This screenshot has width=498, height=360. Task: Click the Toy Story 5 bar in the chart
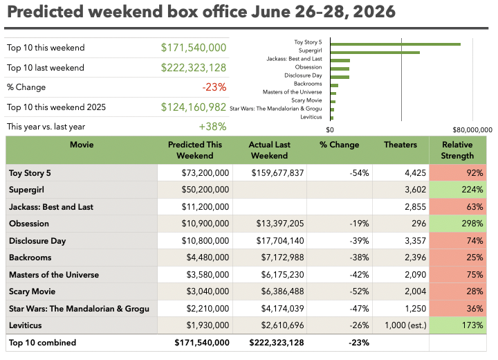pyautogui.click(x=396, y=44)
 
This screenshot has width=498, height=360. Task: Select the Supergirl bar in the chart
pyautogui.click(x=375, y=53)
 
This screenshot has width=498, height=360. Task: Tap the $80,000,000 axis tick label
pyautogui.click(x=472, y=129)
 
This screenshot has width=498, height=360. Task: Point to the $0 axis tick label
pyautogui.click(x=330, y=129)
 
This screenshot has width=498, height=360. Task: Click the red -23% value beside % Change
pyautogui.click(x=214, y=87)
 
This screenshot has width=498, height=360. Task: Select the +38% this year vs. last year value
pyautogui.click(x=212, y=127)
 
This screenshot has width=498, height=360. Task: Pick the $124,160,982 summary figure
pyautogui.click(x=194, y=107)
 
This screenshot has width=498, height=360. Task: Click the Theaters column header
pyautogui.click(x=400, y=145)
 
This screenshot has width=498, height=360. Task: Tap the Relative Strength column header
pyautogui.click(x=457, y=150)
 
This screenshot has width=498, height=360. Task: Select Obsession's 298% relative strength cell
pyautogui.click(x=458, y=224)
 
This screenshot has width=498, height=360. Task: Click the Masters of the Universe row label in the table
pyautogui.click(x=54, y=275)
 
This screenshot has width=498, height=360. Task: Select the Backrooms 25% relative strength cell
pyautogui.click(x=458, y=258)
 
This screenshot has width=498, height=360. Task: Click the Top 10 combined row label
pyautogui.click(x=43, y=343)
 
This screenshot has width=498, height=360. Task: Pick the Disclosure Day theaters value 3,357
pyautogui.click(x=415, y=241)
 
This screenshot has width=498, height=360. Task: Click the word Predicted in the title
pyautogui.click(x=45, y=12)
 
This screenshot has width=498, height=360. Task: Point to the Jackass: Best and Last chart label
pyautogui.click(x=294, y=59)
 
